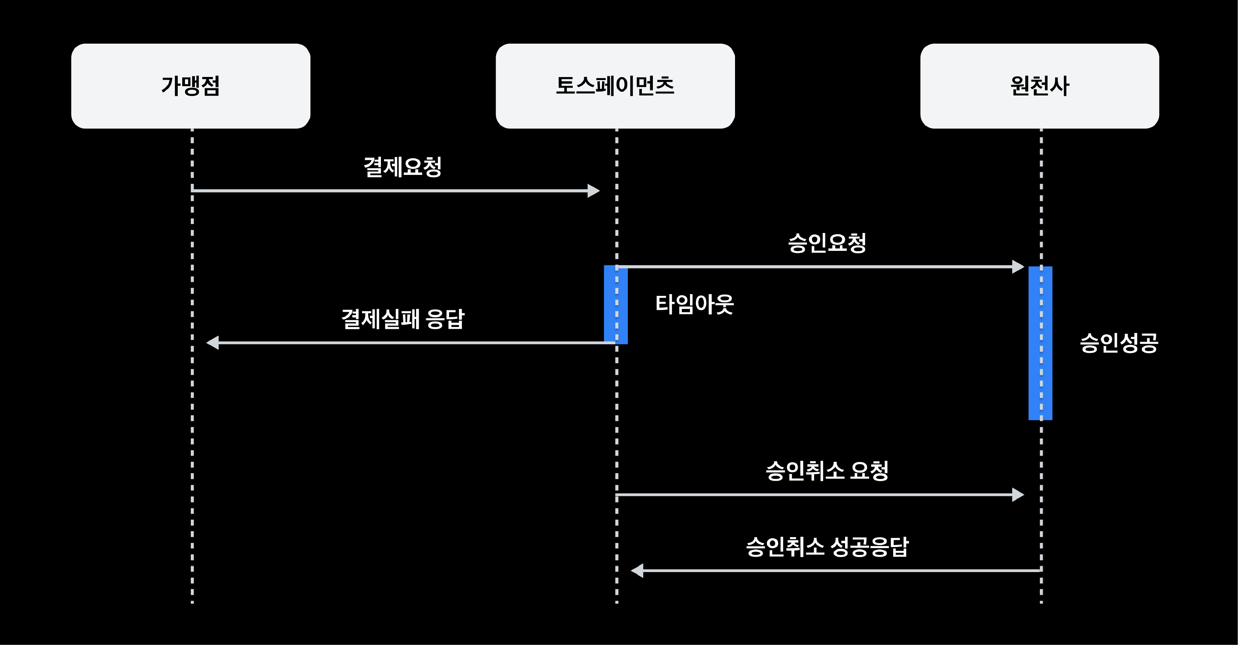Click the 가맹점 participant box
pyautogui.click(x=191, y=86)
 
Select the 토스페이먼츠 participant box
pyautogui.click(x=615, y=86)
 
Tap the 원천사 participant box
pyautogui.click(x=1040, y=86)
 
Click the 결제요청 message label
pyautogui.click(x=403, y=167)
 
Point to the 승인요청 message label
pyautogui.click(x=827, y=243)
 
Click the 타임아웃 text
pyautogui.click(x=694, y=304)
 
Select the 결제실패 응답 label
pyautogui.click(x=403, y=319)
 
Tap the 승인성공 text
pyautogui.click(x=1119, y=343)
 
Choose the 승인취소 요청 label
pyautogui.click(x=827, y=471)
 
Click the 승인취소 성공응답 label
pyautogui.click(x=827, y=546)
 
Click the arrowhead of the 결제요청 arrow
pyautogui.click(x=594, y=191)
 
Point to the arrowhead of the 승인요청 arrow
pyautogui.click(x=1018, y=267)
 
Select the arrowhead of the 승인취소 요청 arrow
pyautogui.click(x=1018, y=495)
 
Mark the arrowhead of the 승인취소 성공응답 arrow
pyautogui.click(x=637, y=570)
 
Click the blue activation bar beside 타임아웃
pyautogui.click(x=616, y=304)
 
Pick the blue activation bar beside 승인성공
pyautogui.click(x=1040, y=343)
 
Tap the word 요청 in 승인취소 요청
pyautogui.click(x=869, y=471)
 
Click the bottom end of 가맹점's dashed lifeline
pyautogui.click(x=192, y=603)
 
